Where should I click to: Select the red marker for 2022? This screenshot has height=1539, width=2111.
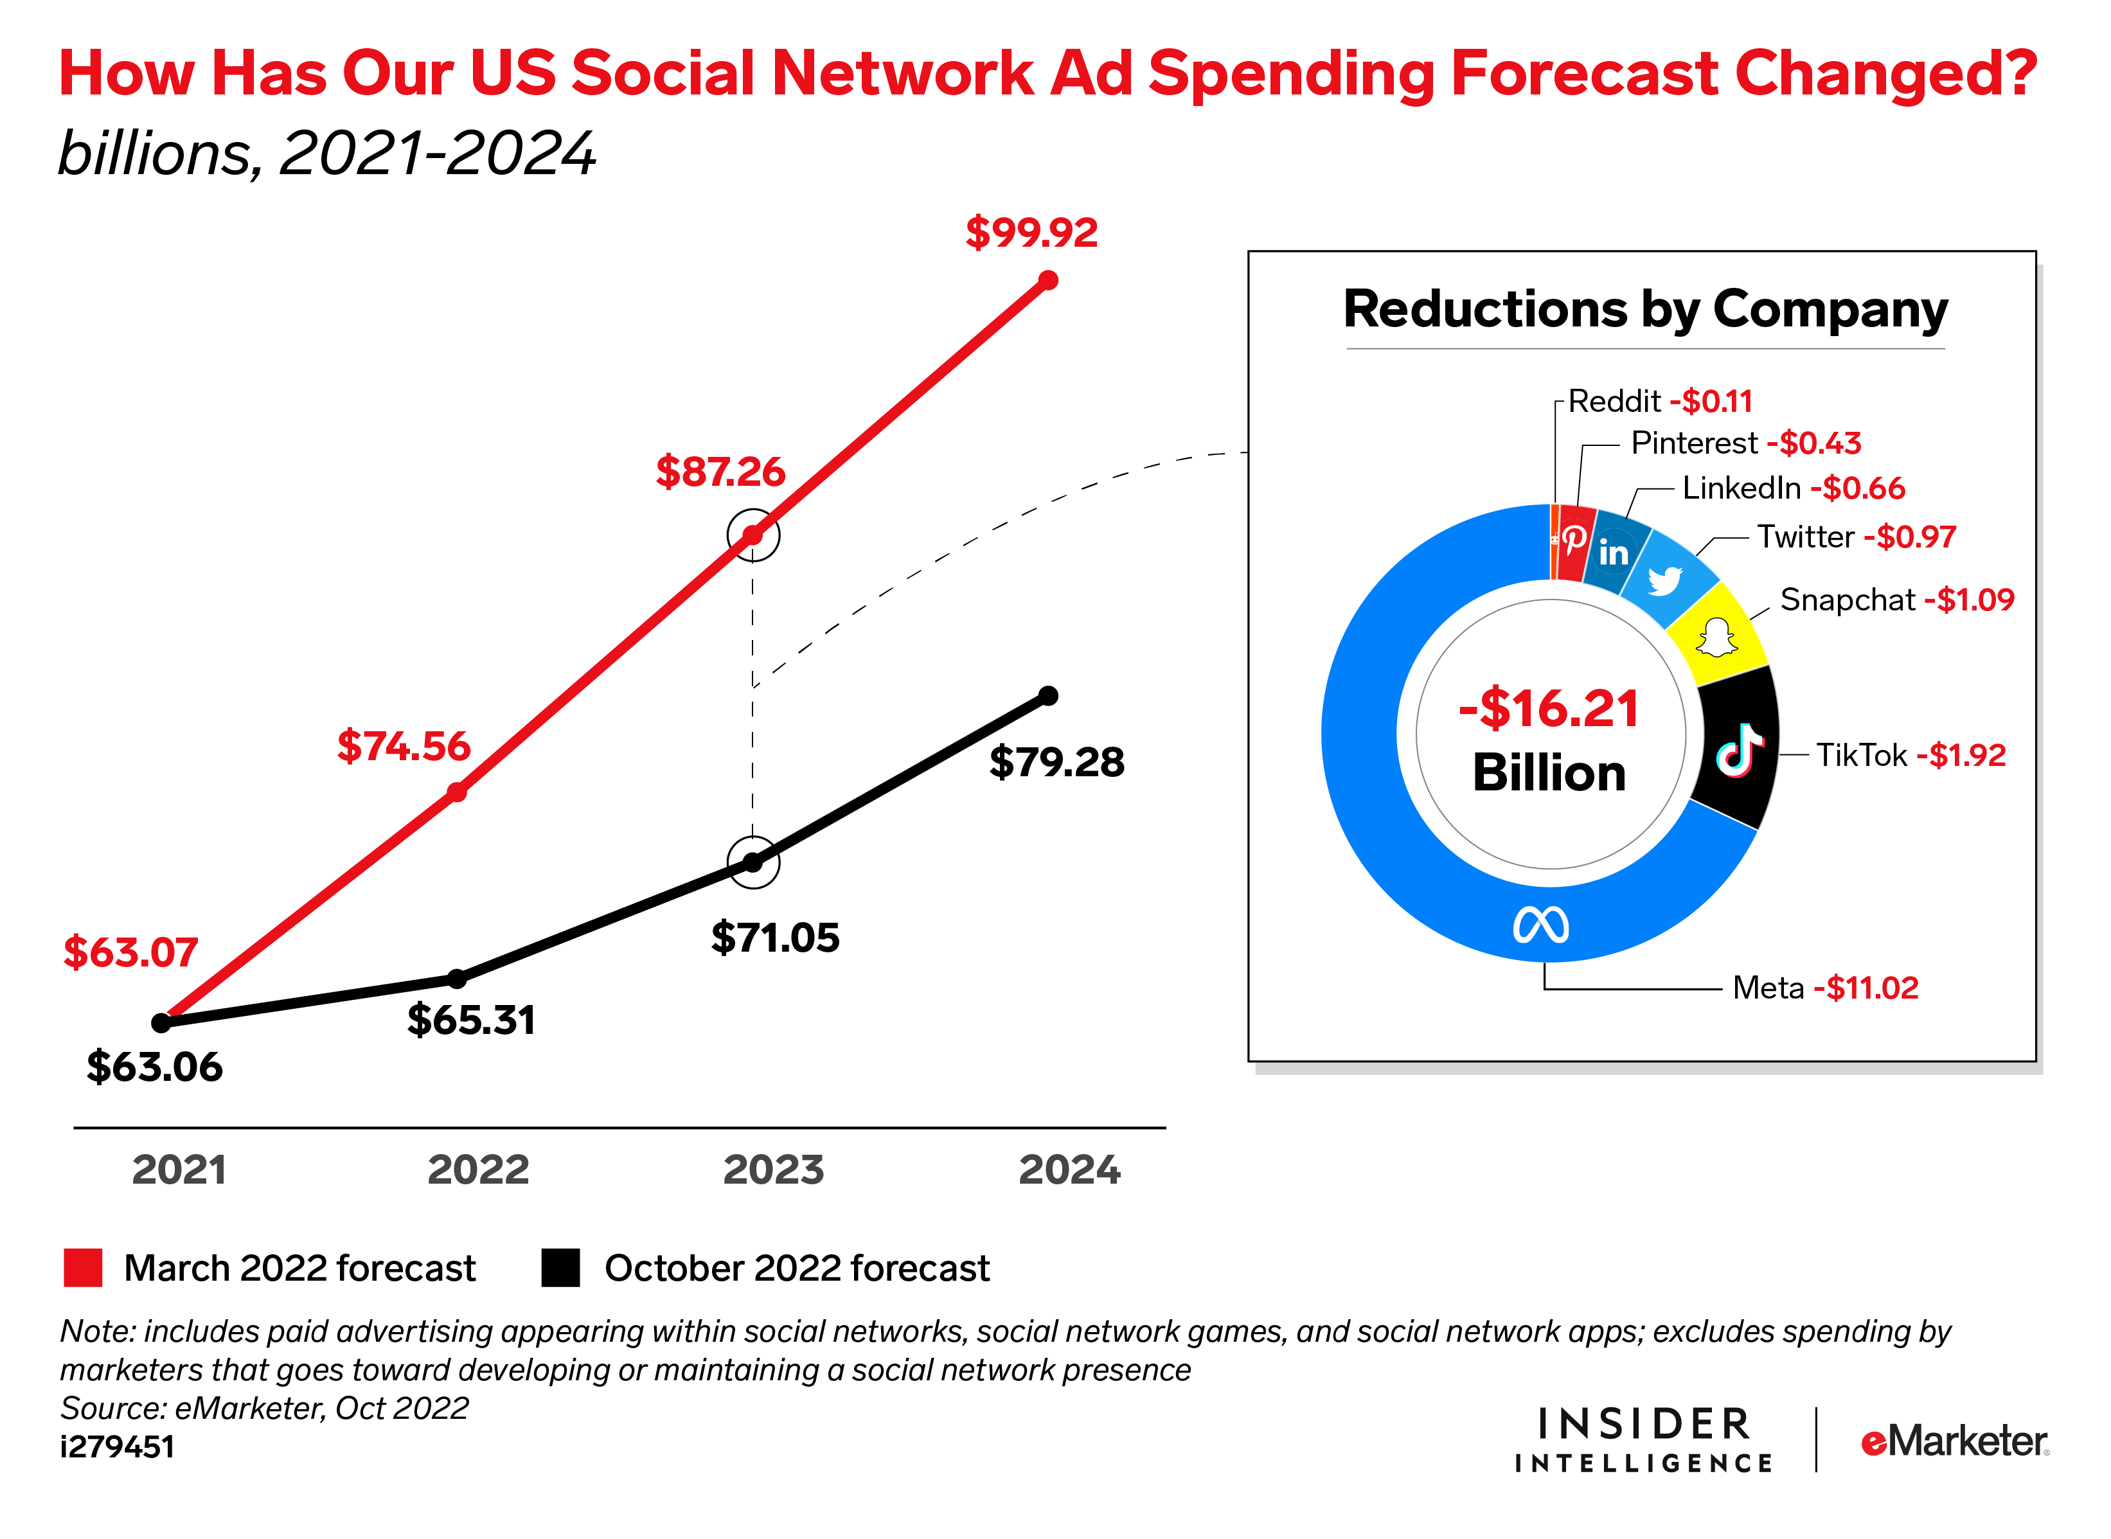[456, 793]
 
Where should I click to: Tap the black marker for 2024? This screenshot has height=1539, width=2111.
[1048, 696]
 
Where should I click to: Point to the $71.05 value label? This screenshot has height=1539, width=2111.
[775, 937]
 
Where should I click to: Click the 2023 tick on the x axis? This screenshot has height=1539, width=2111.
[774, 1170]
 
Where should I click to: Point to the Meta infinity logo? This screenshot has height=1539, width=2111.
[1541, 925]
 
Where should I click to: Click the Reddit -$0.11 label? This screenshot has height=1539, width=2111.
[1659, 402]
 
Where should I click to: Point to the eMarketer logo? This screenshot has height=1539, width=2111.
[1954, 1441]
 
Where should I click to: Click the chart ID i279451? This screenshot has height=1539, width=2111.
[118, 1446]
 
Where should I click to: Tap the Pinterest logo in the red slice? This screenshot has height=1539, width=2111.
[1574, 539]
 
